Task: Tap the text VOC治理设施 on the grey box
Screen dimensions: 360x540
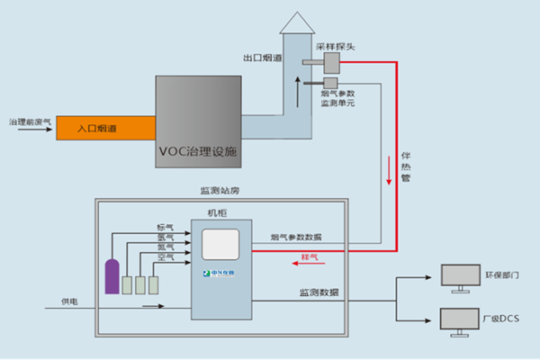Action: click(x=198, y=151)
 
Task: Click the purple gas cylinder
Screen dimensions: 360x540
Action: click(x=112, y=276)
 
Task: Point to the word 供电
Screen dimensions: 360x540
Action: click(x=69, y=301)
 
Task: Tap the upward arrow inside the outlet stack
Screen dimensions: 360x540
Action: click(x=297, y=89)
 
